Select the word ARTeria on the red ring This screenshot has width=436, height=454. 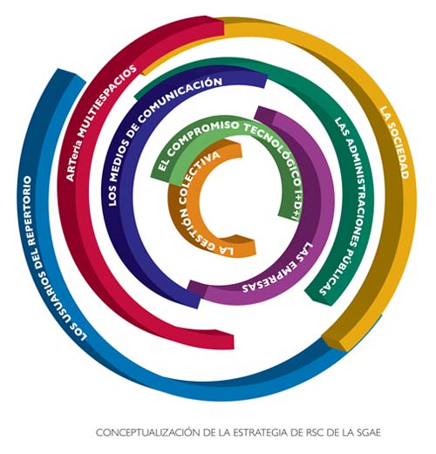pos(72,160)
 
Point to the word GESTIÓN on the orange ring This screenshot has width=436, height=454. pos(195,228)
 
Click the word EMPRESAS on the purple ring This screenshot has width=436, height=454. pos(272,279)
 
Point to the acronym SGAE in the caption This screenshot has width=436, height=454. pos(368,432)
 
